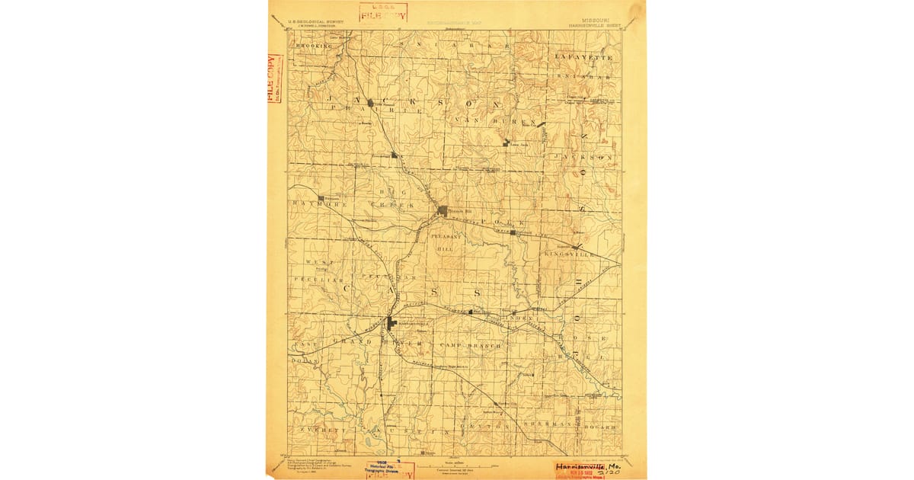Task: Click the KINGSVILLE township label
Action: click(590, 254)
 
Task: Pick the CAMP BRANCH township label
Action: click(465, 345)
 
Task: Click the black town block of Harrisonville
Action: click(391, 323)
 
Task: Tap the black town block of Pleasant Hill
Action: click(443, 210)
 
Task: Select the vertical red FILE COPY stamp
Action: click(273, 78)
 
